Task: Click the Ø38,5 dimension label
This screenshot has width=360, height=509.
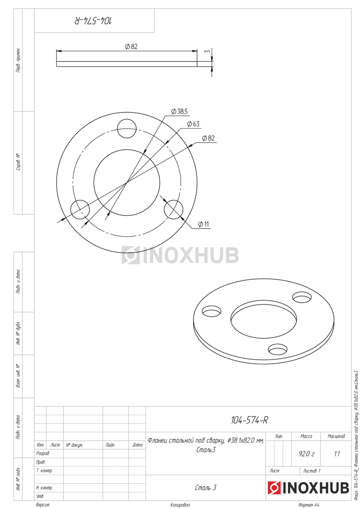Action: [179, 111]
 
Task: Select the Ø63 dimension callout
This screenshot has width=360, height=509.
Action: [193, 124]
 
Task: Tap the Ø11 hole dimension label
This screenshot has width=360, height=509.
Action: [203, 224]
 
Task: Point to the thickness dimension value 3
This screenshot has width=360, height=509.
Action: [208, 51]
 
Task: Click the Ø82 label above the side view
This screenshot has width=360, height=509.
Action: [131, 47]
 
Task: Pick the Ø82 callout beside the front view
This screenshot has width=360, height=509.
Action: [208, 138]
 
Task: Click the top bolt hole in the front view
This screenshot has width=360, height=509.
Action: [127, 129]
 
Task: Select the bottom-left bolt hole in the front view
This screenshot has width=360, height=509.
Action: [80, 210]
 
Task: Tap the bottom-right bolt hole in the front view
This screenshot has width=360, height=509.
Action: [173, 210]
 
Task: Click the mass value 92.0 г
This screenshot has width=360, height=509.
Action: [307, 454]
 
